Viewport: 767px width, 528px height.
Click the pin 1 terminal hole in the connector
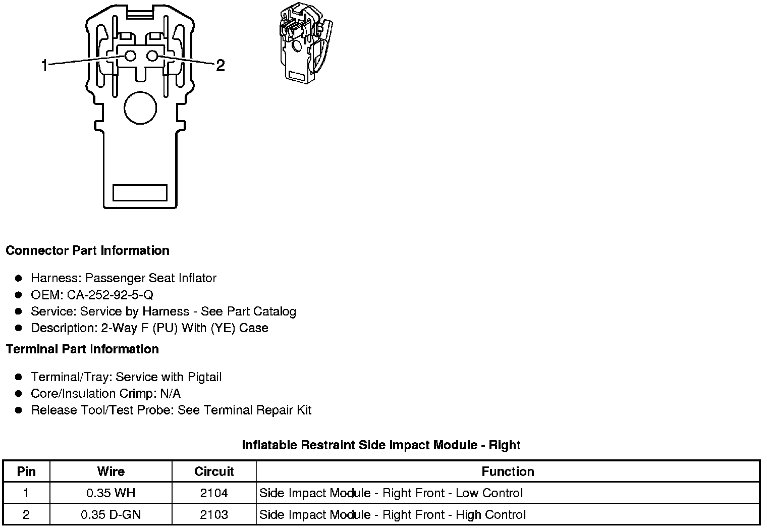pyautogui.click(x=130, y=56)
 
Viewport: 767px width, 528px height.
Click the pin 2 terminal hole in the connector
pyautogui.click(x=152, y=56)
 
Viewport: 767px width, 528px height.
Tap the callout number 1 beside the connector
pyautogui.click(x=44, y=65)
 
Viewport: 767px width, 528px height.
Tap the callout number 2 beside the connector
pyautogui.click(x=220, y=65)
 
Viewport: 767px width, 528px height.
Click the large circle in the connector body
pyautogui.click(x=140, y=108)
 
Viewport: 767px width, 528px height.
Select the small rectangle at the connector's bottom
pyautogui.click(x=140, y=192)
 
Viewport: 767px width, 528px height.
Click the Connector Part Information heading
pyautogui.click(x=87, y=251)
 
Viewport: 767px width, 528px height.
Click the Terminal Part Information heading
pyautogui.click(x=82, y=349)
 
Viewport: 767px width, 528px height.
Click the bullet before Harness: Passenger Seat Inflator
pyautogui.click(x=19, y=278)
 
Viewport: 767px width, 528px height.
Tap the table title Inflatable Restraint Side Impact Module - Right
pyautogui.click(x=381, y=445)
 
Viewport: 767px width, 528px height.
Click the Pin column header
pyautogui.click(x=26, y=471)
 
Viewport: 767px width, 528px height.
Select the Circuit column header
pyautogui.click(x=214, y=471)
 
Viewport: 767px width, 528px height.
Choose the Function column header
pyautogui.click(x=508, y=471)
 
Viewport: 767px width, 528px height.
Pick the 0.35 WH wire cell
pyautogui.click(x=111, y=493)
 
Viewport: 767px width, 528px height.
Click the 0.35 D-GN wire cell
pyautogui.click(x=111, y=515)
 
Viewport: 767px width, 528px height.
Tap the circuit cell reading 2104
pyautogui.click(x=214, y=493)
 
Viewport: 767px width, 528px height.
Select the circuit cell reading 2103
pyautogui.click(x=214, y=515)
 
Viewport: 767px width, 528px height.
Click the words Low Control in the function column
pyautogui.click(x=489, y=493)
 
